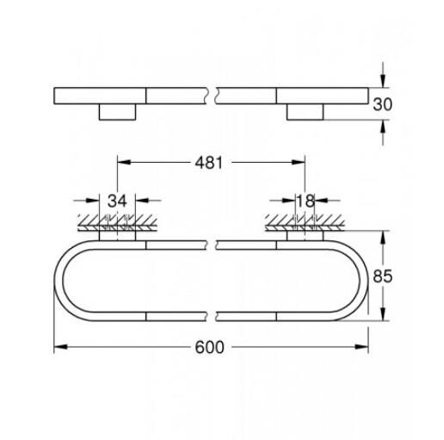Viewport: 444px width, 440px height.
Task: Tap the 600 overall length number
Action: point(210,347)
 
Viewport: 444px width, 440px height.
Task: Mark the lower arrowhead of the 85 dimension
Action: point(380,315)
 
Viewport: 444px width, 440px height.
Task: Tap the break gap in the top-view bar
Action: point(211,96)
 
